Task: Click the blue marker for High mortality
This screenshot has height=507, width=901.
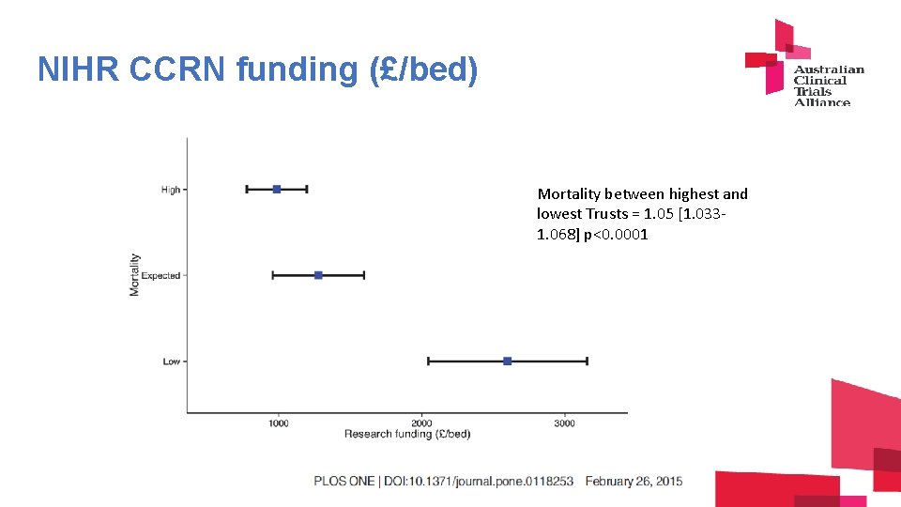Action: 277,189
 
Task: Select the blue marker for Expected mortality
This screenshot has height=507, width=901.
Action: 318,275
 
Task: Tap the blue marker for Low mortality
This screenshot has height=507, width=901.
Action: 508,361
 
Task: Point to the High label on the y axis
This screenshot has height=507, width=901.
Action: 170,190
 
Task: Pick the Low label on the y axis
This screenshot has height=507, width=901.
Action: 171,361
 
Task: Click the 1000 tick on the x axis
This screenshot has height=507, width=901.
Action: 279,423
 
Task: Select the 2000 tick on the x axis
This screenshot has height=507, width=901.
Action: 421,423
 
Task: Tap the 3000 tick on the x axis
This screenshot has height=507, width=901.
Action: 564,423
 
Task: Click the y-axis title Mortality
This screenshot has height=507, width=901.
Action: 135,275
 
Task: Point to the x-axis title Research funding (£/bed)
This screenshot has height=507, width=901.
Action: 407,434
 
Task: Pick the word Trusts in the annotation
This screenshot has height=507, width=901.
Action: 608,214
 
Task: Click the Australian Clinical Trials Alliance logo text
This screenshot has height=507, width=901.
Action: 828,85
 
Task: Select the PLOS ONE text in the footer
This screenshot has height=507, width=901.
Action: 346,482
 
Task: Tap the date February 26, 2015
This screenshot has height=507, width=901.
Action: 634,482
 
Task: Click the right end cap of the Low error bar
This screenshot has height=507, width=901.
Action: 588,361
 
